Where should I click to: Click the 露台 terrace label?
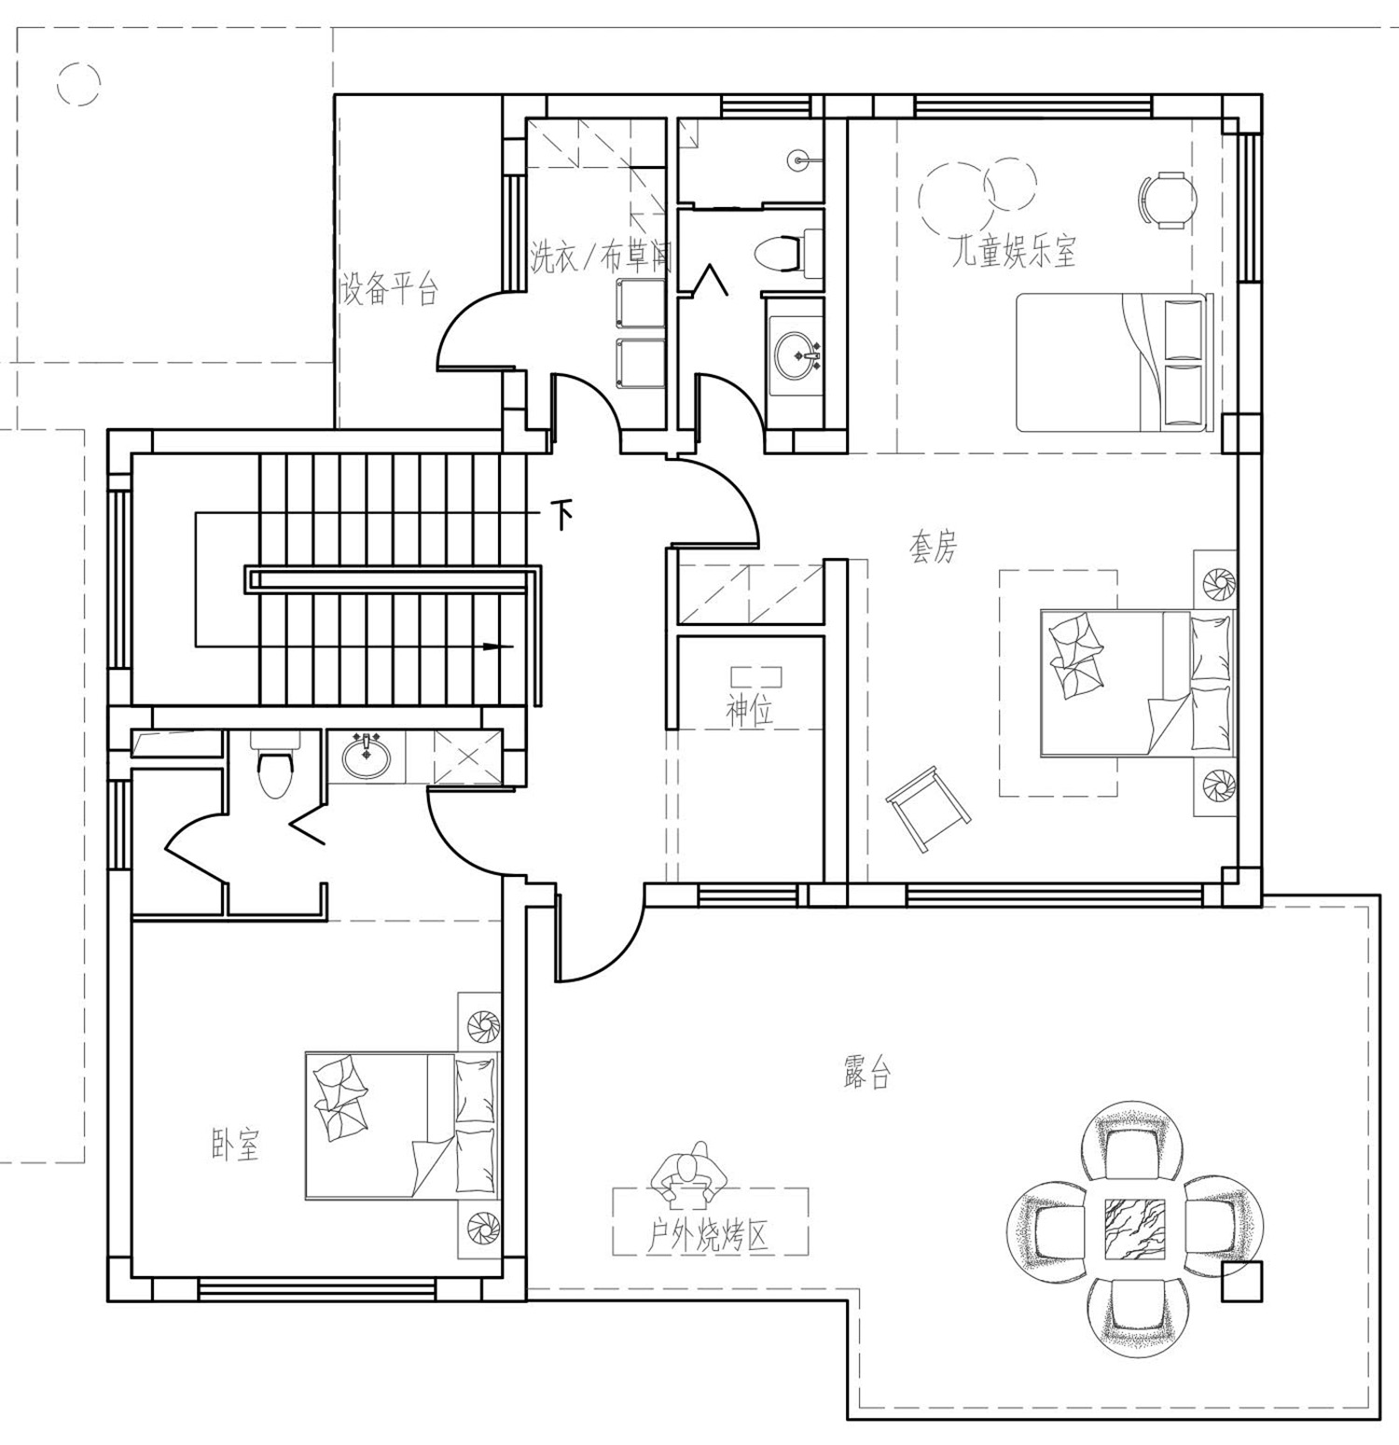click(x=866, y=1075)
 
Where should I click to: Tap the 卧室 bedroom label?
click(x=234, y=1145)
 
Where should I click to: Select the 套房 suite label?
click(x=933, y=548)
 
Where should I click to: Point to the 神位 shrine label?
click(x=750, y=712)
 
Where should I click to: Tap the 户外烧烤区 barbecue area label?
click(x=709, y=1238)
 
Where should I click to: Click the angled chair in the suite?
click(x=928, y=807)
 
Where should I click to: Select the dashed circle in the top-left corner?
click(x=78, y=84)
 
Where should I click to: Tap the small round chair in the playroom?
click(x=1166, y=200)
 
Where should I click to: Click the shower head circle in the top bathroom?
click(x=800, y=160)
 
